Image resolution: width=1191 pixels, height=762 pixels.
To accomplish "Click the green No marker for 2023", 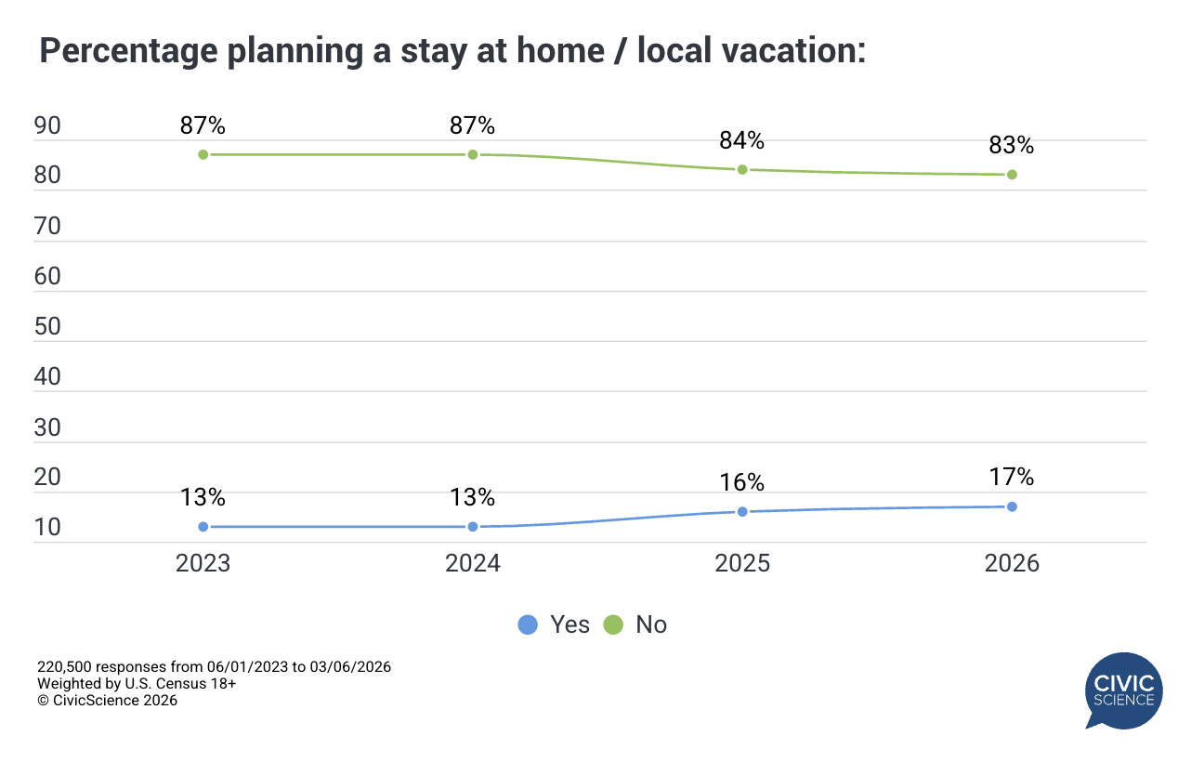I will (x=203, y=154).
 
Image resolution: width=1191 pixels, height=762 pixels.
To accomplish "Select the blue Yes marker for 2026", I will (x=1012, y=506).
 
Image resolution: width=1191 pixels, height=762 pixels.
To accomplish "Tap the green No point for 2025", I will (x=742, y=169).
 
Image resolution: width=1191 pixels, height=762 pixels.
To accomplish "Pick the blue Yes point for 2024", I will (x=473, y=527).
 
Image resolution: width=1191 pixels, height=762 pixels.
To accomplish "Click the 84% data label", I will (x=742, y=141).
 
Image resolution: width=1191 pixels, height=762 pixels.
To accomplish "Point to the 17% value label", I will (x=1012, y=478).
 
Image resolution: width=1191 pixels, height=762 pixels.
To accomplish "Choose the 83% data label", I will (x=1012, y=146).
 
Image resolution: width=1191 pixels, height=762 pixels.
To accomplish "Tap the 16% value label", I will (x=742, y=483).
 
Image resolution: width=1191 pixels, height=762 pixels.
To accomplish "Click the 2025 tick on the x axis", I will (x=742, y=564).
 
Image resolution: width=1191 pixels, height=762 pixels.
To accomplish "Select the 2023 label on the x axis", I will (x=203, y=564).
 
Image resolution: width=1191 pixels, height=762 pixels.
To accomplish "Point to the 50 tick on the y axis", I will (x=47, y=327).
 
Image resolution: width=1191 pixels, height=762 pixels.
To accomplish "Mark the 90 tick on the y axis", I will (x=47, y=126).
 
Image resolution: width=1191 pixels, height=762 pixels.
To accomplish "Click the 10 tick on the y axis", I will (x=47, y=528).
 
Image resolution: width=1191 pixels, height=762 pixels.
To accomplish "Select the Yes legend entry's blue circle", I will (x=528, y=625).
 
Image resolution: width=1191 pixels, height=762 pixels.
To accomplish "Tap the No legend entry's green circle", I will (x=613, y=625).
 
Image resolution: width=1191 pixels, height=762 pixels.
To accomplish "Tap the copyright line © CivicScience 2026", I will (x=107, y=701).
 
